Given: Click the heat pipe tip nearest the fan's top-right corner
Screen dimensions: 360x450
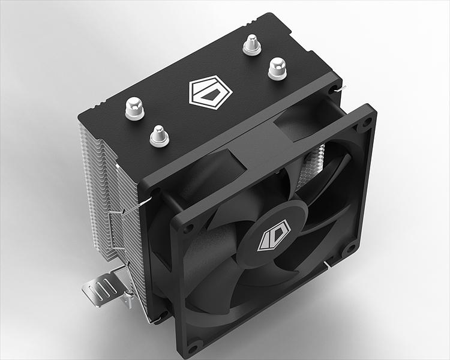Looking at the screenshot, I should (277, 68).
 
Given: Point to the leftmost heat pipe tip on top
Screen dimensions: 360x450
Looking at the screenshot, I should (134, 109).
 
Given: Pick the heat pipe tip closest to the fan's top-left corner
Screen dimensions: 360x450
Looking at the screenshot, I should (158, 135).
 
